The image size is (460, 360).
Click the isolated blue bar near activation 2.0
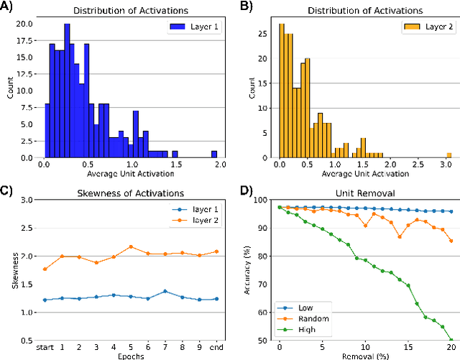[213, 154]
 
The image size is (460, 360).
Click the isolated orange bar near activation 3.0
[448, 154]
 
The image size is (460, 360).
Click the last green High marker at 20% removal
[451, 339]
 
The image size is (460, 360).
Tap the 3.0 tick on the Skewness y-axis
[29, 200]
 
